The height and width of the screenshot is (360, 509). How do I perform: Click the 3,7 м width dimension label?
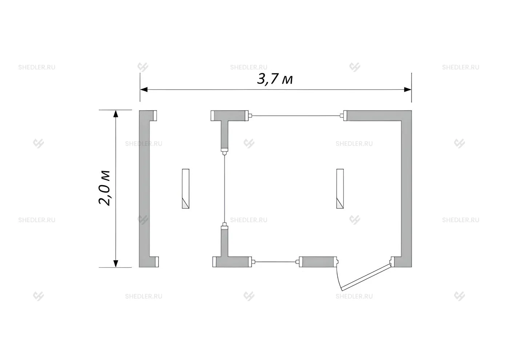[x=275, y=79]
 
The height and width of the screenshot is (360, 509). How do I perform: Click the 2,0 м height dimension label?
[x=104, y=188]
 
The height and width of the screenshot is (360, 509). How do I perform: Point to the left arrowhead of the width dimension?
[x=144, y=89]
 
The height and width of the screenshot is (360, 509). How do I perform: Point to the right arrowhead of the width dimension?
[x=408, y=89]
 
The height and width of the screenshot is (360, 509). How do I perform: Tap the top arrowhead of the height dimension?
[x=116, y=114]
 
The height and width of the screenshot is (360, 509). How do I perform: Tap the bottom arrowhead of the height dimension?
[x=116, y=263]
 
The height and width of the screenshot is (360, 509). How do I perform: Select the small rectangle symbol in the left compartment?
[x=186, y=189]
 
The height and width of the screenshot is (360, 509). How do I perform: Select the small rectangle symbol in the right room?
[x=340, y=189]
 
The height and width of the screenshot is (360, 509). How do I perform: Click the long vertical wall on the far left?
[x=144, y=189]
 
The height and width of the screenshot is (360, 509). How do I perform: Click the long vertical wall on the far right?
[x=406, y=189]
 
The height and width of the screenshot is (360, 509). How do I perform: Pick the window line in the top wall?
[x=296, y=116]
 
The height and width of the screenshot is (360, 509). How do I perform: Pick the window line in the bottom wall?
[x=276, y=262]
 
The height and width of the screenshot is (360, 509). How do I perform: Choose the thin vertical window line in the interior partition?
[x=225, y=189]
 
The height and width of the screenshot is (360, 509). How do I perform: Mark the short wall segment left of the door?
[x=318, y=262]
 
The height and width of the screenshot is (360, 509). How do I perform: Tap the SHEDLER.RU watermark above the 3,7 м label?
[x=249, y=67]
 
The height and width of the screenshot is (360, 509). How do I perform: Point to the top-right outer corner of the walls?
[x=412, y=111]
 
